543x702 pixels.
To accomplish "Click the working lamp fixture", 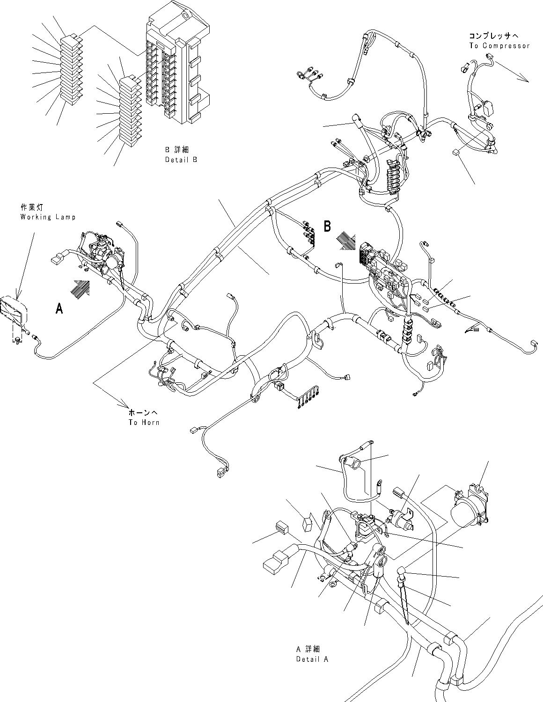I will click(14, 311).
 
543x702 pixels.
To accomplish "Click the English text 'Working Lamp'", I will click(48, 217).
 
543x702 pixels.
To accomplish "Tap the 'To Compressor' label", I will click(499, 46).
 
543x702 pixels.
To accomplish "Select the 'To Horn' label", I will click(144, 422).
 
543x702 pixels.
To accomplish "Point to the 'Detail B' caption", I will click(181, 160).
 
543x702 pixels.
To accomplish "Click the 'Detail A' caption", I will click(312, 658).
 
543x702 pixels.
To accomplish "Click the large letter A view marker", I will click(59, 308).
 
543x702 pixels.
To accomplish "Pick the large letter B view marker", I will click(328, 227).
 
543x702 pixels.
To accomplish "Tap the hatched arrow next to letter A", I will click(79, 288).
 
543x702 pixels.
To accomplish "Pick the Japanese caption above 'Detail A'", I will click(308, 649).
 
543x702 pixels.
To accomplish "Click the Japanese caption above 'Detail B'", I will click(176, 150).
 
